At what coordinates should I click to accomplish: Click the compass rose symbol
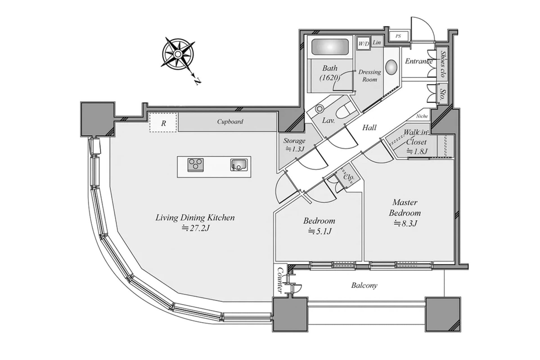coord(178,54)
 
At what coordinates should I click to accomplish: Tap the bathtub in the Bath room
coord(330,47)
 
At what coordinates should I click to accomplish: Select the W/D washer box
coord(363,44)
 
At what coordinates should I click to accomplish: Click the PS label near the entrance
coord(398,36)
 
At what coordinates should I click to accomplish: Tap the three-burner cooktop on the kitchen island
coord(195,165)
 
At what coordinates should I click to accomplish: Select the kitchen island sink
coord(239,165)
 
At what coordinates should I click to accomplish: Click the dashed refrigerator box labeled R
coord(163,123)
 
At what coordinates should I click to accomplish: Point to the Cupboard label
coord(230,121)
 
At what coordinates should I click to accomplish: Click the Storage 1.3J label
coord(294,145)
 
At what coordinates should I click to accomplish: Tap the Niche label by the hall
coord(422,116)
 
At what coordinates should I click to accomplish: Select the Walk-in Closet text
coord(416,137)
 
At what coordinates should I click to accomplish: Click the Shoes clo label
coord(443,64)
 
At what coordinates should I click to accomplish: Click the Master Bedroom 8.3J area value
coord(405,224)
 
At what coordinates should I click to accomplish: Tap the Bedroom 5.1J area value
coord(320,231)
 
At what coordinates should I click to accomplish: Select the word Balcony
coord(364,285)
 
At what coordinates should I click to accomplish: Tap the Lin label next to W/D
coord(377,42)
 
